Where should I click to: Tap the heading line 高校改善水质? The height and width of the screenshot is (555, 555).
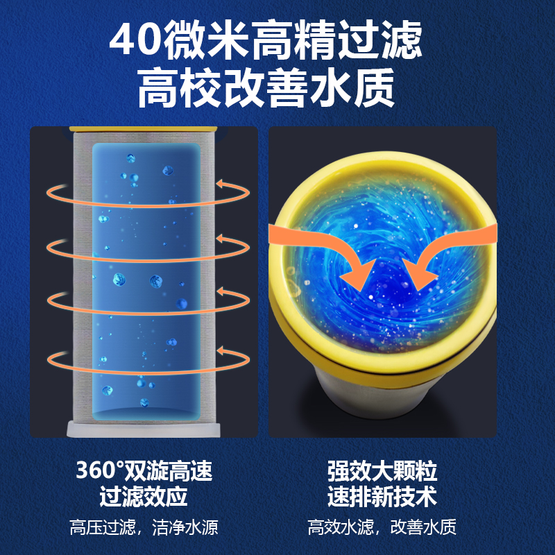coord(266,88)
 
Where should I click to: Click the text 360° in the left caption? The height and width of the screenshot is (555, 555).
coord(100,471)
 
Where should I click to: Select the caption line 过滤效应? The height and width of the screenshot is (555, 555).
coord(144,496)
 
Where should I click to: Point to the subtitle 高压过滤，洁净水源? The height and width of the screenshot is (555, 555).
coord(144,527)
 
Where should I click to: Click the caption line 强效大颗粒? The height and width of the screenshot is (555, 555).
coord(382,471)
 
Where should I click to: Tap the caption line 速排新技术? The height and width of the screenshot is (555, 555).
coord(382,496)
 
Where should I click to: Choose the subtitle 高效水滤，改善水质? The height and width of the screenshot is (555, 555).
coord(382,527)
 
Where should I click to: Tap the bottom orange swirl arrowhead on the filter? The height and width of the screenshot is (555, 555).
coord(223,351)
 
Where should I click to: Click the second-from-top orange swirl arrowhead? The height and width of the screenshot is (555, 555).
coord(223,239)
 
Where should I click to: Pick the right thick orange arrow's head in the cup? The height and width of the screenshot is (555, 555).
coord(420,274)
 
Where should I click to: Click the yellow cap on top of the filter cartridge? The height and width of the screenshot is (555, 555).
coord(144,129)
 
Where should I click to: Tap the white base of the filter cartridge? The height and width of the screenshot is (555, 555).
coord(144,429)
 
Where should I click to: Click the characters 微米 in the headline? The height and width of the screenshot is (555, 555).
coord(207,40)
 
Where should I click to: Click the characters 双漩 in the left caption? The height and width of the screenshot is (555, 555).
coord(146,471)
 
